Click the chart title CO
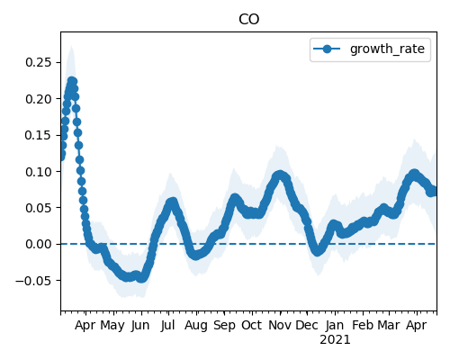point(248,20)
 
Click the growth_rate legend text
point(387,49)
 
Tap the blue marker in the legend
point(327,49)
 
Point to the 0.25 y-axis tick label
point(39,62)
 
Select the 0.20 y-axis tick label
point(39,99)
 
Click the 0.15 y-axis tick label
point(39,135)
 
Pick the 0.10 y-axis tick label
point(39,172)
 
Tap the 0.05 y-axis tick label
point(39,208)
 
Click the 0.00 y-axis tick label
point(39,244)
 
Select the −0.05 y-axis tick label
point(33,281)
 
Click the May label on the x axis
point(112,326)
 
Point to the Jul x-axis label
point(167,325)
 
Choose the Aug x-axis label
point(196,326)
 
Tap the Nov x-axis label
point(280,325)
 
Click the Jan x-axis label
point(335,325)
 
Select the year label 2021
point(335,340)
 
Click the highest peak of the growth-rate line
point(72,81)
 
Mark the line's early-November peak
point(280,175)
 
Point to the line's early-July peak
point(172,202)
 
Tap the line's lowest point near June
point(141,278)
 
